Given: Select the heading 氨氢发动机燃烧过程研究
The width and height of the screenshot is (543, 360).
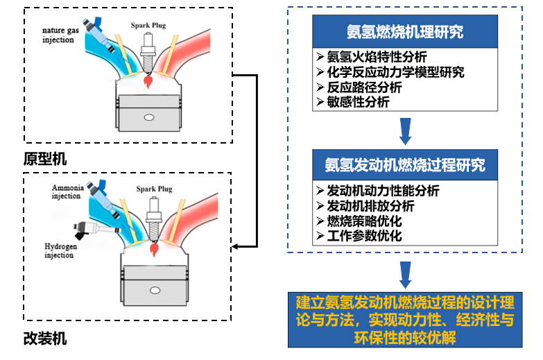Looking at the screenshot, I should pos(405,166).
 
